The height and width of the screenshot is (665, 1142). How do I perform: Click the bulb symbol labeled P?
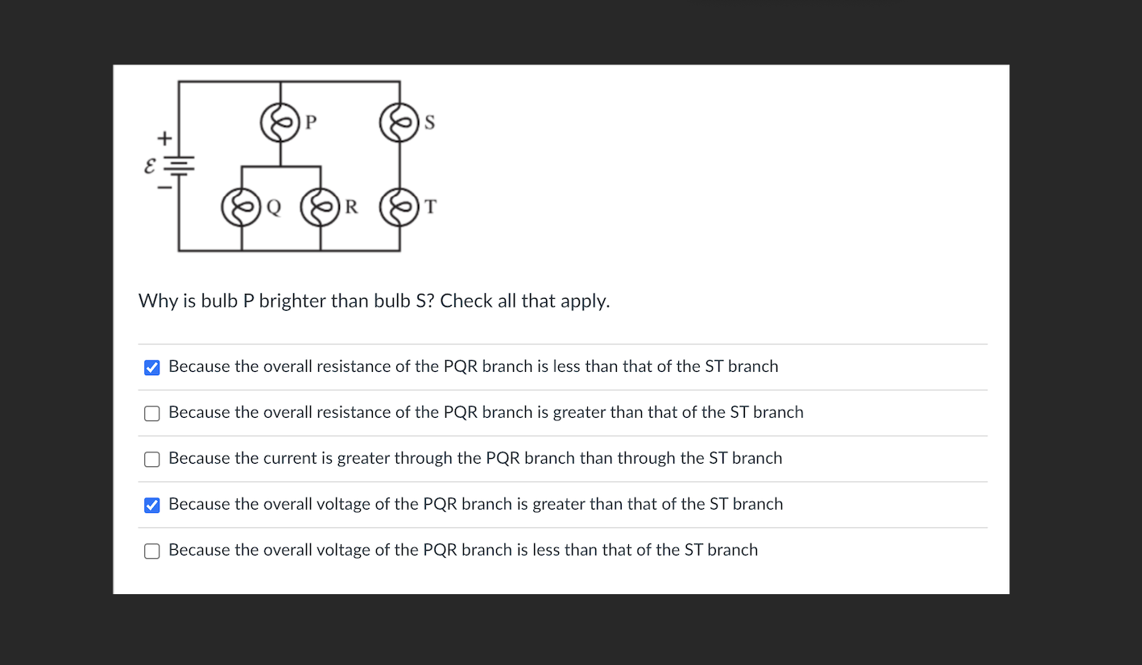279,123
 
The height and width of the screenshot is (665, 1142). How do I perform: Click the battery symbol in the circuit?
179,165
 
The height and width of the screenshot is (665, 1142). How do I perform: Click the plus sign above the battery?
163,138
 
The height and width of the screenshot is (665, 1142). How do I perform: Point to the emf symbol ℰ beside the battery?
149,166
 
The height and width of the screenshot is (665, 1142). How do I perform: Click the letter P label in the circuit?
312,122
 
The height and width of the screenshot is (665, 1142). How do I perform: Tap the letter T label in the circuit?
431,207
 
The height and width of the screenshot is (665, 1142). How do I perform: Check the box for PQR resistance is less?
151,367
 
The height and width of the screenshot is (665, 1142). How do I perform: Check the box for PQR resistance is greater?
151,413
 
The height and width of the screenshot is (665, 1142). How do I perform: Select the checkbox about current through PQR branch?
151,459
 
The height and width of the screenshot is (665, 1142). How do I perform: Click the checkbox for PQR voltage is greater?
151,505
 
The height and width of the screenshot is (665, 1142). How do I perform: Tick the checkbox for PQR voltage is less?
151,551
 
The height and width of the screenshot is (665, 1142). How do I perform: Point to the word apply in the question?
585,302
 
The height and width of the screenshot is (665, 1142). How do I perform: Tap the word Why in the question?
155,301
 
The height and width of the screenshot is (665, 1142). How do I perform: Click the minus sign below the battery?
163,188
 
